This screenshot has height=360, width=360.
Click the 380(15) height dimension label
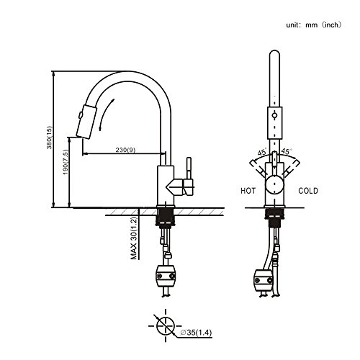click(49, 138)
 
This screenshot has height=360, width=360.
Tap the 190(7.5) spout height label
click(66, 162)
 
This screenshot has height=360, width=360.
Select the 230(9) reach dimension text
click(125, 150)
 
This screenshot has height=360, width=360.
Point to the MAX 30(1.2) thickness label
click(134, 238)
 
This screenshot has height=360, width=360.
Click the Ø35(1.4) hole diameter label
click(196, 333)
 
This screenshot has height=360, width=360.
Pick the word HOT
click(248, 191)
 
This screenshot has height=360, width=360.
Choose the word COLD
click(308, 191)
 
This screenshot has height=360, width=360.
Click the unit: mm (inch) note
click(313, 24)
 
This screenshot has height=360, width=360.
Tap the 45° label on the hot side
click(262, 153)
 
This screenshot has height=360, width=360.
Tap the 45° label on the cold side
click(286, 151)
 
